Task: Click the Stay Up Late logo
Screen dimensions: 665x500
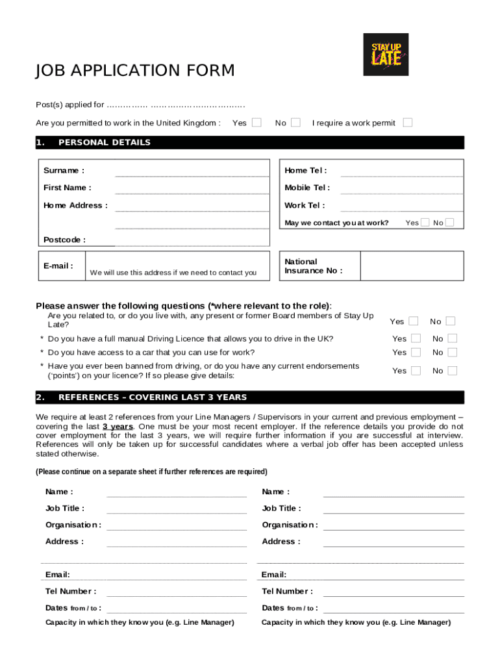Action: click(x=386, y=55)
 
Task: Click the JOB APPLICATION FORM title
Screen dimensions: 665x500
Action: click(x=135, y=71)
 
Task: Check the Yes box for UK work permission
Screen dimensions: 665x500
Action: click(x=257, y=122)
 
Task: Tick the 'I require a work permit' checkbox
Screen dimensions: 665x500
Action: click(x=408, y=122)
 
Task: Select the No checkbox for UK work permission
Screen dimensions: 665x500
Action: click(x=296, y=122)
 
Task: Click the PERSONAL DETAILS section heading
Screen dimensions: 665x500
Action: click(x=104, y=142)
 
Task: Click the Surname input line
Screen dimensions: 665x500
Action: click(x=192, y=171)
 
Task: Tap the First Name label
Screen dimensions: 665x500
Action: click(x=67, y=188)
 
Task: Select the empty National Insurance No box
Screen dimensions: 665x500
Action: click(x=412, y=266)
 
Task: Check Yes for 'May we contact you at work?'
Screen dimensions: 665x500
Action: click(x=425, y=223)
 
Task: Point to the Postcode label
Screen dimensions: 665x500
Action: click(x=64, y=240)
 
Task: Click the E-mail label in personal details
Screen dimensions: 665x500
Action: click(x=58, y=266)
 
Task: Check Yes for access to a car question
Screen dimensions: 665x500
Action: click(x=416, y=352)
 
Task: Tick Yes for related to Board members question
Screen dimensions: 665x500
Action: click(x=413, y=321)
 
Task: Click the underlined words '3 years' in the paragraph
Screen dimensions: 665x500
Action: click(x=118, y=426)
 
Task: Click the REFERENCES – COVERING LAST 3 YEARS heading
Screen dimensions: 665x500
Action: click(x=152, y=397)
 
